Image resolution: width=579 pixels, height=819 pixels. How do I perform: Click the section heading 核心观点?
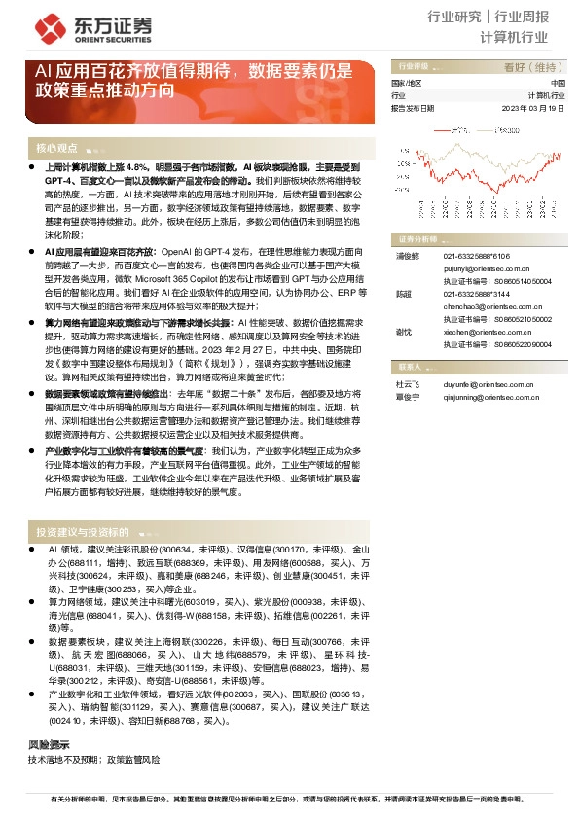tap(56, 148)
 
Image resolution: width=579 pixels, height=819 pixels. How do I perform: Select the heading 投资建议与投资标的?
tap(83, 533)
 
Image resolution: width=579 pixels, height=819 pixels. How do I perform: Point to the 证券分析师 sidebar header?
tap(416, 238)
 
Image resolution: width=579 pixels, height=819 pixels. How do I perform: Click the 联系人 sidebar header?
tap(409, 367)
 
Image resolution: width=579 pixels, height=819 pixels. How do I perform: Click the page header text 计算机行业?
tap(516, 36)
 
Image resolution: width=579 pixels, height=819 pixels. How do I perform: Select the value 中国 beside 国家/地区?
tap(558, 84)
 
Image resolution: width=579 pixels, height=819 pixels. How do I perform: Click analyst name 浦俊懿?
tap(406, 255)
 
